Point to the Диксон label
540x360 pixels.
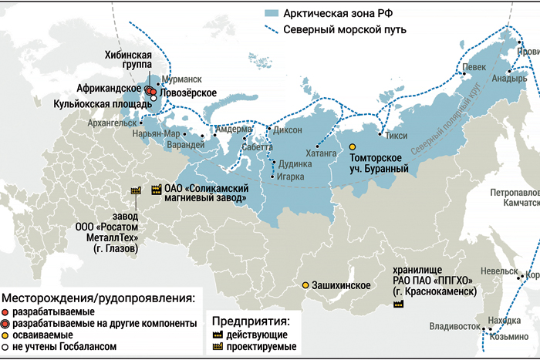coord(288,130)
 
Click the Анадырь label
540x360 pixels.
coord(509,78)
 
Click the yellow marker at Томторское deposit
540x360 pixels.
coord(353,146)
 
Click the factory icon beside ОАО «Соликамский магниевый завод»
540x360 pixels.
coord(155,188)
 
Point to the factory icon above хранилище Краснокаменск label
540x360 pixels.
coord(398,304)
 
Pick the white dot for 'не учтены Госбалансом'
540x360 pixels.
coord(6,347)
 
